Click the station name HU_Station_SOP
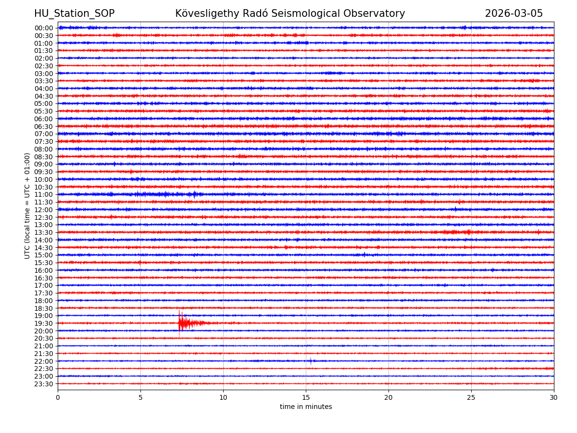click(74, 13)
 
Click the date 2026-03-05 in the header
click(514, 13)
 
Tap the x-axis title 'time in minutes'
click(306, 407)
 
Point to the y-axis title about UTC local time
click(27, 205)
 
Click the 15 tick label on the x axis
click(306, 397)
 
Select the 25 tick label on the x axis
click(471, 397)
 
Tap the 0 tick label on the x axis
click(58, 397)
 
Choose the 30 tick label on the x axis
click(554, 397)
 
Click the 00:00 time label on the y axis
click(44, 28)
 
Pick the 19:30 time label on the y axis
click(44, 323)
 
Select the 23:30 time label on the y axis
click(44, 384)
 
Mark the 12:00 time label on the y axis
click(44, 210)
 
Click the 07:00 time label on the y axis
click(44, 134)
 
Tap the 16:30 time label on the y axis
click(44, 278)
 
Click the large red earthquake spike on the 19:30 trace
click(180, 322)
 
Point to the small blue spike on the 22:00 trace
click(311, 361)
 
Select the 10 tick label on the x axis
click(223, 397)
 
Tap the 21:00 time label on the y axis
click(44, 346)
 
